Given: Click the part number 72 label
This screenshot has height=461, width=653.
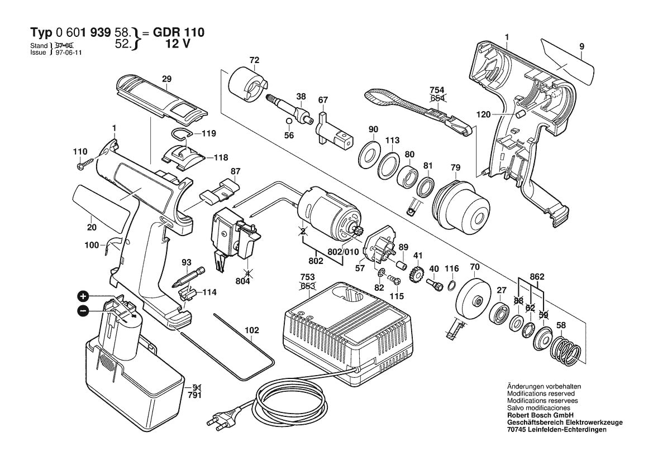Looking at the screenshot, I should pyautogui.click(x=254, y=60).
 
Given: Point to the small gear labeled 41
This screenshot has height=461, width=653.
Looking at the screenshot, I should pyautogui.click(x=417, y=274).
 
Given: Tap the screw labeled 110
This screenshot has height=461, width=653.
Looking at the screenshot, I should pyautogui.click(x=84, y=165).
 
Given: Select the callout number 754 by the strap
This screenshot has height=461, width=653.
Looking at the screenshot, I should pyautogui.click(x=437, y=90).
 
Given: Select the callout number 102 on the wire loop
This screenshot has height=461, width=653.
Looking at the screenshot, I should pyautogui.click(x=251, y=330).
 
